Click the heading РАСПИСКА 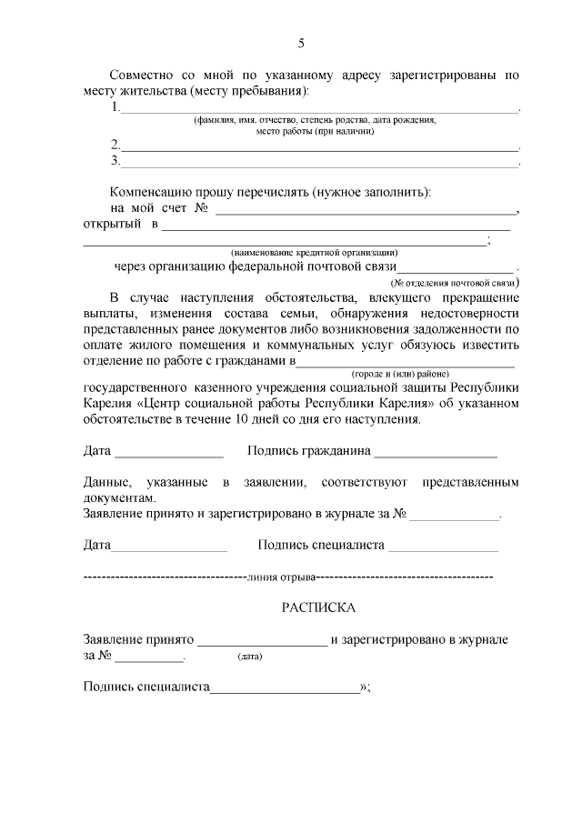(x=318, y=607)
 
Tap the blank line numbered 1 (x=318, y=110)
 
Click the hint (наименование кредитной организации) (x=314, y=252)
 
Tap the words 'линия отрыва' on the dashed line (x=282, y=577)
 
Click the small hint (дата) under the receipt (x=249, y=657)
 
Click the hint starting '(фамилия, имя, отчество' (x=315, y=121)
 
